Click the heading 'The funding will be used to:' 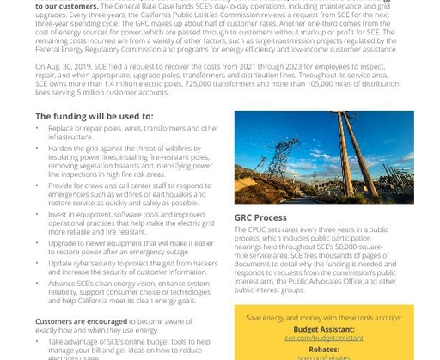coord(95,116)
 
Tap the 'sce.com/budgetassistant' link coord(324,339)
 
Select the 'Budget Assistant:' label coord(323,329)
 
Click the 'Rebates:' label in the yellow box coord(324,349)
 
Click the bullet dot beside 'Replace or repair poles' coord(40,128)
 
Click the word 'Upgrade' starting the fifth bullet coord(63,243)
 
